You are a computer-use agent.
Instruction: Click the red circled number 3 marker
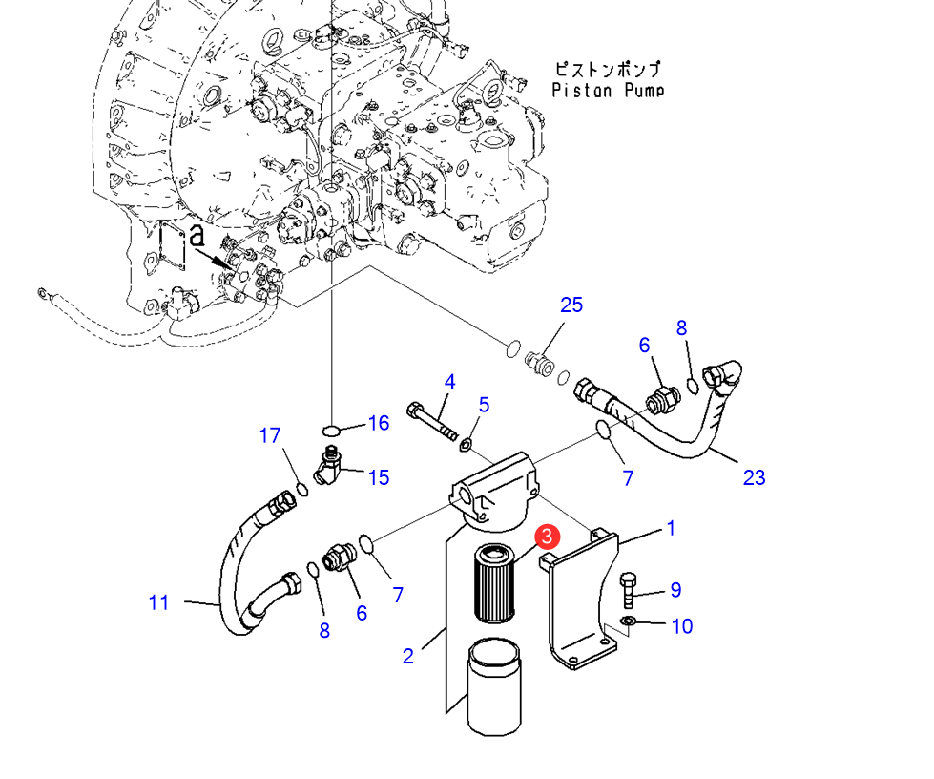547,537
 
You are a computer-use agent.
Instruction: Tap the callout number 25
571,305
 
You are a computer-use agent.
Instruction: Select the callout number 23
754,476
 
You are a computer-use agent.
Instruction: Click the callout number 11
158,602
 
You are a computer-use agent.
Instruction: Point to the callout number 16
379,423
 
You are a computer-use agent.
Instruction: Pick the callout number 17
269,435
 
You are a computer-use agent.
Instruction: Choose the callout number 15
379,476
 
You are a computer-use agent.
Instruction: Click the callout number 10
682,626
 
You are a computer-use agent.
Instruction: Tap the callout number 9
675,589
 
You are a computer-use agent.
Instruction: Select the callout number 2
408,656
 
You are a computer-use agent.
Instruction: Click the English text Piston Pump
608,91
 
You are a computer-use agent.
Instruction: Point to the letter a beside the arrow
197,236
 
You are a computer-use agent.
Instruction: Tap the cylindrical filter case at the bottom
494,687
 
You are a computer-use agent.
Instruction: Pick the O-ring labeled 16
331,430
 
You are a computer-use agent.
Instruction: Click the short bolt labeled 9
628,590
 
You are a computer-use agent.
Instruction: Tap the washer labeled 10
628,621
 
